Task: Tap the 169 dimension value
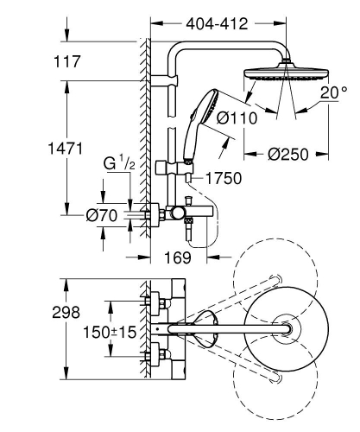pos(179,257)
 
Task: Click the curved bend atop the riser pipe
pos(169,52)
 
